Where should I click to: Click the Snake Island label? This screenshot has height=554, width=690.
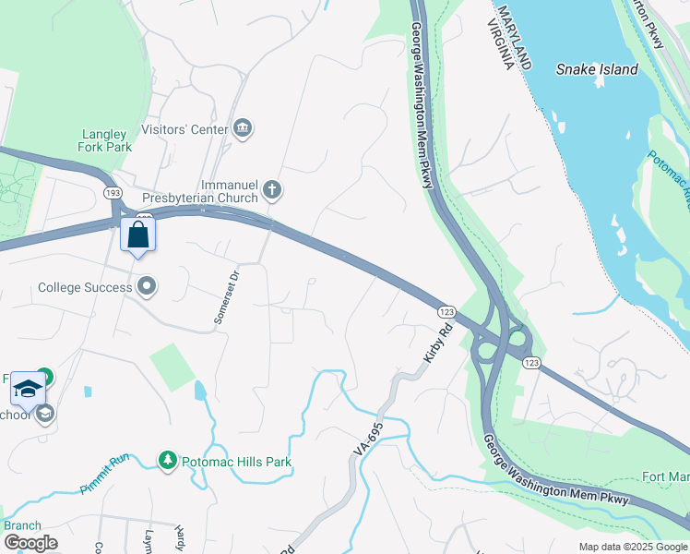(x=596, y=69)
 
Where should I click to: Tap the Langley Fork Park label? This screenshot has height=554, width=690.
(x=105, y=140)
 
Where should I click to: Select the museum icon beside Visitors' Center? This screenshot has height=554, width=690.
(x=244, y=127)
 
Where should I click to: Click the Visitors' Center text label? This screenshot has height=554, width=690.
(x=184, y=129)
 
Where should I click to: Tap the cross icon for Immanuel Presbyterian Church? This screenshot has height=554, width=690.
(x=271, y=190)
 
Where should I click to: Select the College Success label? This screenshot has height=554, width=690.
(x=85, y=287)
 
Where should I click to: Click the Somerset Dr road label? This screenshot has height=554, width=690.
(x=227, y=295)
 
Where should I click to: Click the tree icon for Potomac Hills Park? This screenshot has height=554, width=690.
(x=167, y=460)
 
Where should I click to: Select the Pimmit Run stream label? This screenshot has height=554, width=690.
(x=106, y=474)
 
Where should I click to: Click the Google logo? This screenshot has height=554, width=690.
(x=30, y=543)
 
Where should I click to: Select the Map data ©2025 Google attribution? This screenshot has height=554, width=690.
(x=633, y=547)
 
